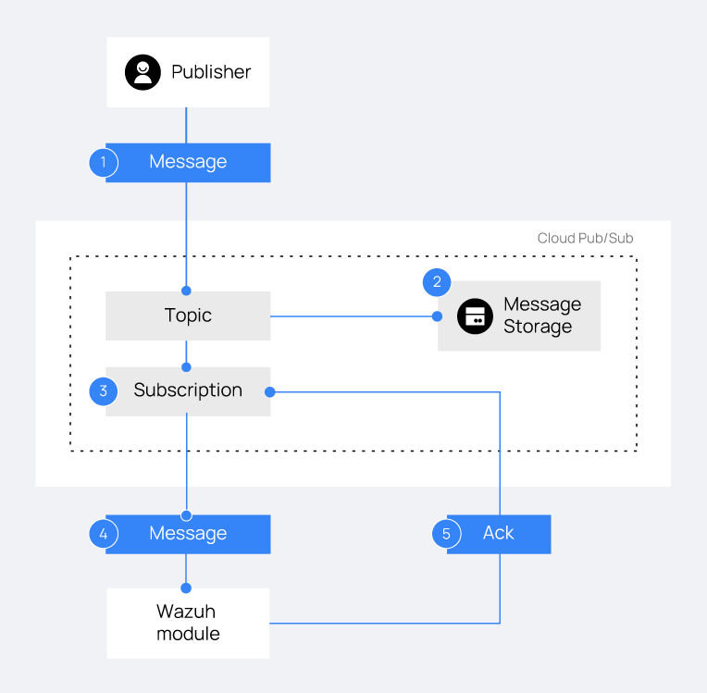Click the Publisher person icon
(x=143, y=72)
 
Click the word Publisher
(x=211, y=72)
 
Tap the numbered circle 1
(x=104, y=162)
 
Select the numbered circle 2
(x=437, y=282)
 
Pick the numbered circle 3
(x=104, y=391)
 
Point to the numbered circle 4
(x=104, y=534)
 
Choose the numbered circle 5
(x=446, y=534)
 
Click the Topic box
(x=188, y=316)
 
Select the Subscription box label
(x=188, y=390)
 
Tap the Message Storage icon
(x=475, y=316)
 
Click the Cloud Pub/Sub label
(x=585, y=238)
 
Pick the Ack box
(x=499, y=534)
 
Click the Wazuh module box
(x=188, y=623)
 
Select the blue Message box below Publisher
(x=188, y=162)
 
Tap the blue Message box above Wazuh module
(x=188, y=534)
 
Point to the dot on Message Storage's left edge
(x=437, y=316)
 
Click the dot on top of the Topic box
(x=186, y=291)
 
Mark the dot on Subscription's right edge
(x=270, y=392)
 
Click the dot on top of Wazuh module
(x=186, y=588)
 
